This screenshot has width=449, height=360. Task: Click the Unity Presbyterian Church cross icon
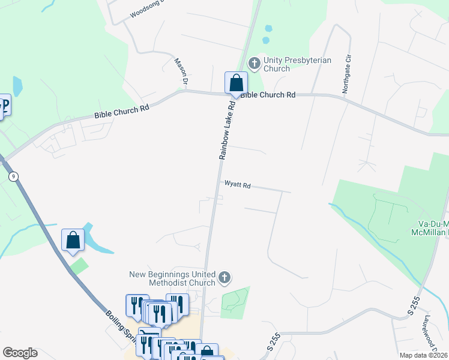click(x=255, y=62)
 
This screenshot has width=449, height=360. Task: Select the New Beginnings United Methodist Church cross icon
click(x=224, y=277)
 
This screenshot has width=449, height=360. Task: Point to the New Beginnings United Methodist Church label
click(x=172, y=278)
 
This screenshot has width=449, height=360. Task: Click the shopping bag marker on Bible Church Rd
click(x=237, y=83)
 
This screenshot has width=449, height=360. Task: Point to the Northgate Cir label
click(x=346, y=75)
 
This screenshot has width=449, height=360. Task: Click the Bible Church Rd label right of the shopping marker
click(x=268, y=95)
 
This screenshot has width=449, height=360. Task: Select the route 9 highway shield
click(x=13, y=176)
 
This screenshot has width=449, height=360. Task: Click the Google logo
click(x=20, y=353)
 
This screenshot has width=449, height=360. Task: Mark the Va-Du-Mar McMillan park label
click(x=429, y=227)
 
